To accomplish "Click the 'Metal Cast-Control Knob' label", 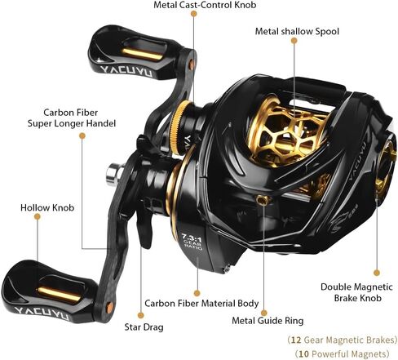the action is click(x=205, y=5).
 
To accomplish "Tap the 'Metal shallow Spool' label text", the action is click(x=297, y=31).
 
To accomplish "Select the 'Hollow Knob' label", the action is click(x=47, y=207).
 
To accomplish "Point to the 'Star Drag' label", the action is click(x=144, y=327).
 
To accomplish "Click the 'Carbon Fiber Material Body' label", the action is click(x=201, y=303).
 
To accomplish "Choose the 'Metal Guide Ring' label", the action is click(x=268, y=320).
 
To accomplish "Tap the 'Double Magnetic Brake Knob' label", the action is click(x=357, y=292).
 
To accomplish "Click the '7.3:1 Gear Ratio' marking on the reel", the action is click(x=192, y=241).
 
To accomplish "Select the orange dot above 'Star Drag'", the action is click(x=140, y=315).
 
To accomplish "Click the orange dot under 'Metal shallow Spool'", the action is click(x=294, y=41).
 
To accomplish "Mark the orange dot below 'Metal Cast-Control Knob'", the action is click(x=194, y=14).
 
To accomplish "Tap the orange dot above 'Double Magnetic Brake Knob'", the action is click(x=377, y=273).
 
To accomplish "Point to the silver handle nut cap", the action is click(x=114, y=174).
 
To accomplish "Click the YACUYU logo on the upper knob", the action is click(x=126, y=71).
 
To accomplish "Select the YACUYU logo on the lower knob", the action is click(x=42, y=313).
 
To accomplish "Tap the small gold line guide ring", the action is click(x=263, y=200).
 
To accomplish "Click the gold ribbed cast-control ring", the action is click(x=179, y=127).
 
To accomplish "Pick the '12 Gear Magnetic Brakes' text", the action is click(x=342, y=340).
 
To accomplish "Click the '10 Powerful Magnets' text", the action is click(x=342, y=353).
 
